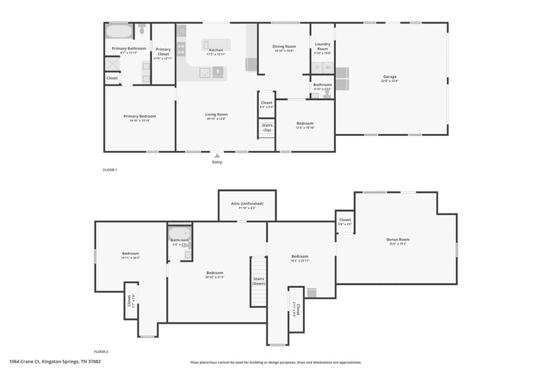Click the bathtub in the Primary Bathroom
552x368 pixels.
(118, 32)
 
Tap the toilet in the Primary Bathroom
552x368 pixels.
(141, 30)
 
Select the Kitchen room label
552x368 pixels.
(216, 50)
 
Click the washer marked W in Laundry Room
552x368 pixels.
(328, 67)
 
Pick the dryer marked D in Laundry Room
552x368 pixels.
(317, 67)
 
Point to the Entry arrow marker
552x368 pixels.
(217, 155)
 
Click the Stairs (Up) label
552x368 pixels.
(266, 128)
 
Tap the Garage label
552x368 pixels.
(390, 77)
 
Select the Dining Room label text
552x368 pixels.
(284, 46)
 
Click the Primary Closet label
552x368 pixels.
(163, 50)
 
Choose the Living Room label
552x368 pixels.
(216, 114)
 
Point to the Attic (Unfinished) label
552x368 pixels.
(247, 204)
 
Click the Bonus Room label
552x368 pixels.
(397, 240)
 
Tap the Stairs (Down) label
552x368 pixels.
(259, 282)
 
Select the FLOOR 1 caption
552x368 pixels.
(110, 169)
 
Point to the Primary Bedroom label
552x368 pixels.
(139, 116)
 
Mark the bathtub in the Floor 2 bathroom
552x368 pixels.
(179, 233)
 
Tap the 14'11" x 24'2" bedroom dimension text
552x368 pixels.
(130, 258)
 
